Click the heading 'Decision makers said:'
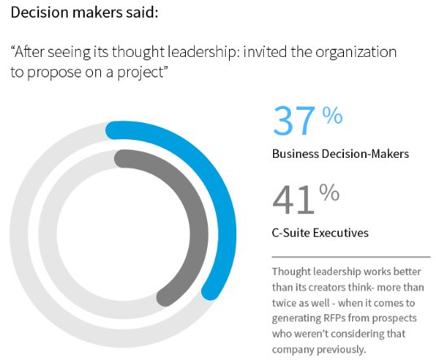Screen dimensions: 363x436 (x=73, y=14)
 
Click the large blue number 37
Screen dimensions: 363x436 (x=293, y=121)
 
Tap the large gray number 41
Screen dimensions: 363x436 (x=293, y=199)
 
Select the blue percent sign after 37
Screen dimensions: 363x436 (x=332, y=116)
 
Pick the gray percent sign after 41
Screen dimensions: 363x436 (x=329, y=193)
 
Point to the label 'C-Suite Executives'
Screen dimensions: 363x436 (x=319, y=233)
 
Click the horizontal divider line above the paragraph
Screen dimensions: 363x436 (x=350, y=256)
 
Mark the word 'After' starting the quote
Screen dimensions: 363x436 (x=30, y=52)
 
